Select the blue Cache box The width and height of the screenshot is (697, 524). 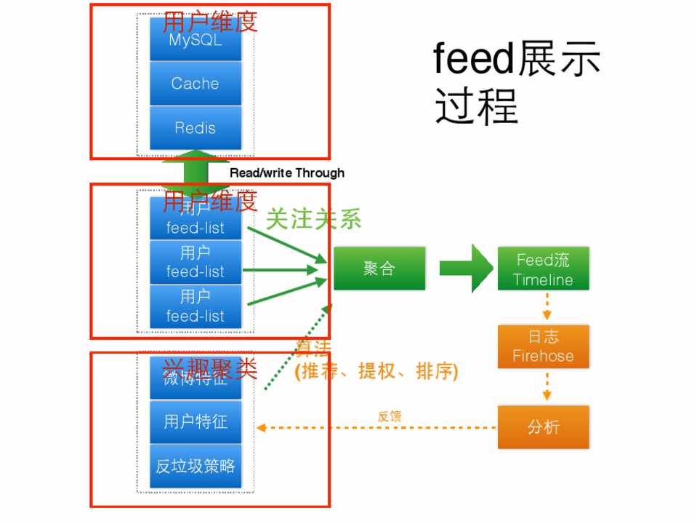(x=195, y=84)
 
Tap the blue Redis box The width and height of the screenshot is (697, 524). (x=195, y=128)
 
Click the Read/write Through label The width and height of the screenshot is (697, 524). (x=287, y=173)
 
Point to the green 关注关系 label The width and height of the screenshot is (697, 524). (x=313, y=219)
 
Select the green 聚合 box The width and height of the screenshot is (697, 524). (x=379, y=269)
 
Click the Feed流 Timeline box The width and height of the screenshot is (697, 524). (x=543, y=269)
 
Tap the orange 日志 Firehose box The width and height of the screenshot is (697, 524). (x=543, y=346)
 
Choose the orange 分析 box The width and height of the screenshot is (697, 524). (x=543, y=427)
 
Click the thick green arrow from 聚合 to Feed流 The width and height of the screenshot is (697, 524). (x=466, y=269)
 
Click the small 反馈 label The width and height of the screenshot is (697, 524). (x=390, y=417)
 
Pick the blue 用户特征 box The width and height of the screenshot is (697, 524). (x=195, y=421)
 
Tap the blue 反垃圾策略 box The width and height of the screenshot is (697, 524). (x=195, y=466)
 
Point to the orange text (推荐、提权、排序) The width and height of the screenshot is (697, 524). (x=376, y=372)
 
